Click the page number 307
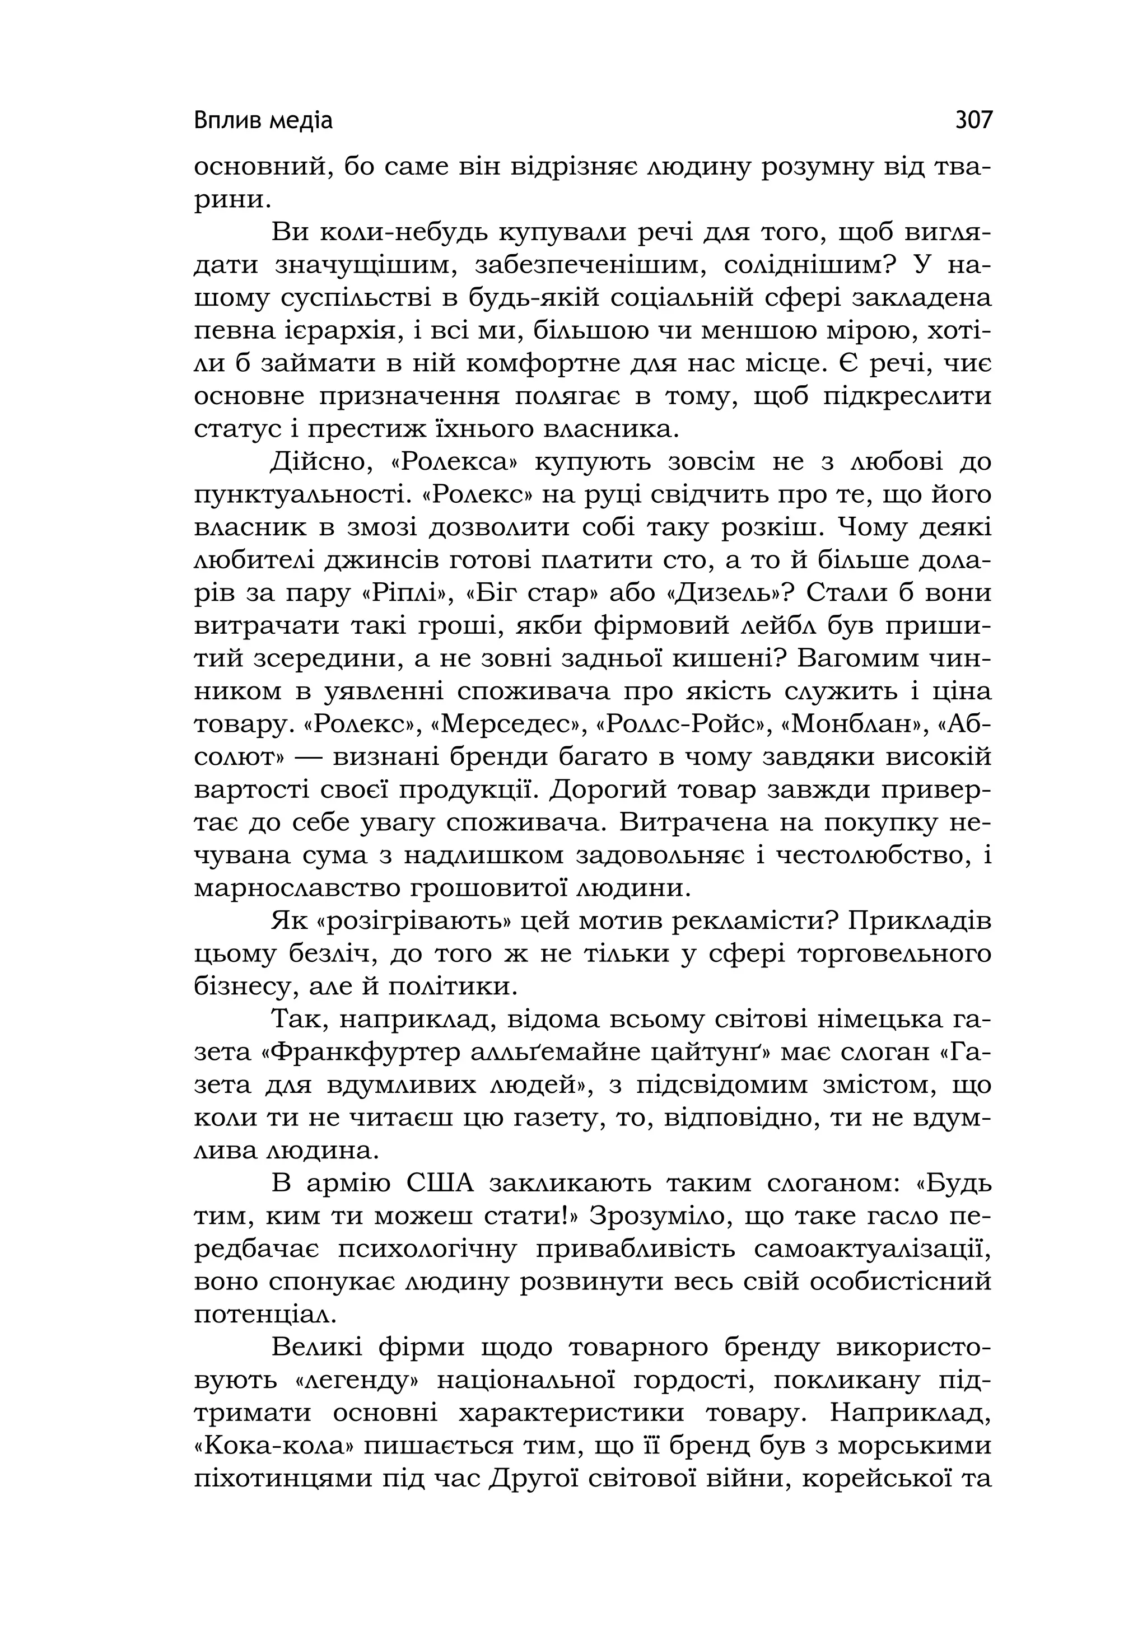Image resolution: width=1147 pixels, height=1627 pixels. click(974, 120)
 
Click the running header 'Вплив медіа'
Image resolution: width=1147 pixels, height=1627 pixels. click(263, 122)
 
